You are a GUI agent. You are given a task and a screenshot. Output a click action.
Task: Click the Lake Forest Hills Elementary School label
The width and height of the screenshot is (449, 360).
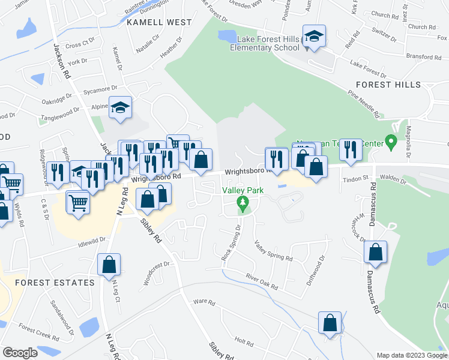point(268,44)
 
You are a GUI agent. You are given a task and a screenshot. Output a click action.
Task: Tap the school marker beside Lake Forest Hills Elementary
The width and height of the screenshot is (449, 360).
point(314,37)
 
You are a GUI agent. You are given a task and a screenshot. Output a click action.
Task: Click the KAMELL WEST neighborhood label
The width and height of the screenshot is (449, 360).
point(159,22)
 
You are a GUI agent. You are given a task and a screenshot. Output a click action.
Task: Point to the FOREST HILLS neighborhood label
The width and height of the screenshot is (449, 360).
point(396,85)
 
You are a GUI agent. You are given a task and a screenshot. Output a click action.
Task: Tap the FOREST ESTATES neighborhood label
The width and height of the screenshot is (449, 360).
point(55,282)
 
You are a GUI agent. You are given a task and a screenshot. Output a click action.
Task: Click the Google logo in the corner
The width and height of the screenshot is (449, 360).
point(20,353)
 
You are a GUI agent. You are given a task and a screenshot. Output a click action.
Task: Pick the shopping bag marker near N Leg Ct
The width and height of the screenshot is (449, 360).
point(109,265)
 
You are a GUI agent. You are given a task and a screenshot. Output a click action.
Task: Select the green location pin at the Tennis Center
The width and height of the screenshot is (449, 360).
point(391,143)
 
